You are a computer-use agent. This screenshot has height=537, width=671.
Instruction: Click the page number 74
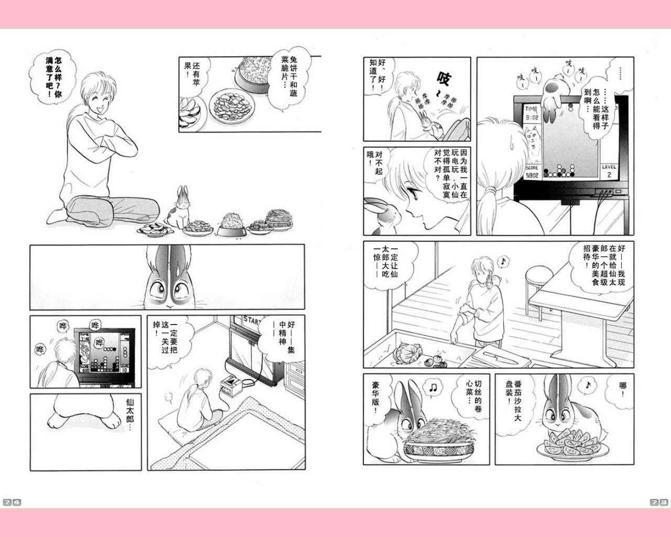click(x=12, y=502)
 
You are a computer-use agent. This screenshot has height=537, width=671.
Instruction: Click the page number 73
click(x=659, y=502)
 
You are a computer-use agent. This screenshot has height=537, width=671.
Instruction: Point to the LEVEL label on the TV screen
click(x=609, y=167)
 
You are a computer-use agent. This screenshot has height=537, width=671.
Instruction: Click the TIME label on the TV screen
click(x=531, y=109)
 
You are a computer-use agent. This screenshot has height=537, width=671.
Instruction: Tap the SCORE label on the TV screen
click(x=532, y=168)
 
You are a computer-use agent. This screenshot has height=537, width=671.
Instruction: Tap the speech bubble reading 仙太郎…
click(x=130, y=414)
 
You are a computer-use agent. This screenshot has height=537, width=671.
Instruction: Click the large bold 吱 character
click(x=443, y=78)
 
